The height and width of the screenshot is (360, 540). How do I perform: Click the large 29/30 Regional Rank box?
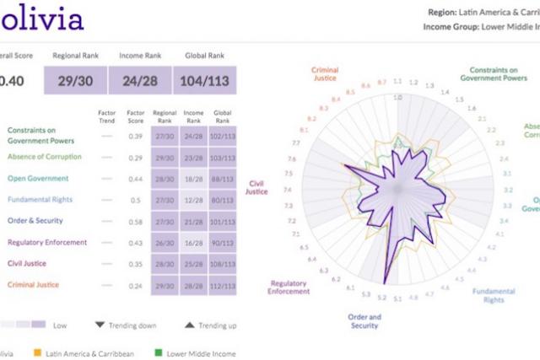coord(84,81)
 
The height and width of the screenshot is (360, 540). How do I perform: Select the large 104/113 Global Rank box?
coord(204,81)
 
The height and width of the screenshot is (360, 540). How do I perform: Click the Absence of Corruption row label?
coord(45,157)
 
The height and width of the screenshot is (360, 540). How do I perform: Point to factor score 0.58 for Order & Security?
coord(135,222)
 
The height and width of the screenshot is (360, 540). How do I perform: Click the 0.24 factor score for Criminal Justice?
coord(135,286)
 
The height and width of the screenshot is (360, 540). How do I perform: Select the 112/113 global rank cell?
coord(222,286)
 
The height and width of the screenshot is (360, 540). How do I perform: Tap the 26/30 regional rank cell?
coord(165,243)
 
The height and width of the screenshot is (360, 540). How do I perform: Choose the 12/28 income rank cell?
coord(193,200)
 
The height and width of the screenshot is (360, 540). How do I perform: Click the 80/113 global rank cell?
coord(222,200)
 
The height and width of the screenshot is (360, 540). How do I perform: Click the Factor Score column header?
coord(135,116)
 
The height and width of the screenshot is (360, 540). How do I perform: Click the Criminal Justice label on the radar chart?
coord(325,74)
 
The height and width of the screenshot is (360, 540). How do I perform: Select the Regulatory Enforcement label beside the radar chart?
coord(289,287)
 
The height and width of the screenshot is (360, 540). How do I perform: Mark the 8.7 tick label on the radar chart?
coord(382,82)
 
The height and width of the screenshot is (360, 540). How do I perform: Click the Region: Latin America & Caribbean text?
coord(482,13)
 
